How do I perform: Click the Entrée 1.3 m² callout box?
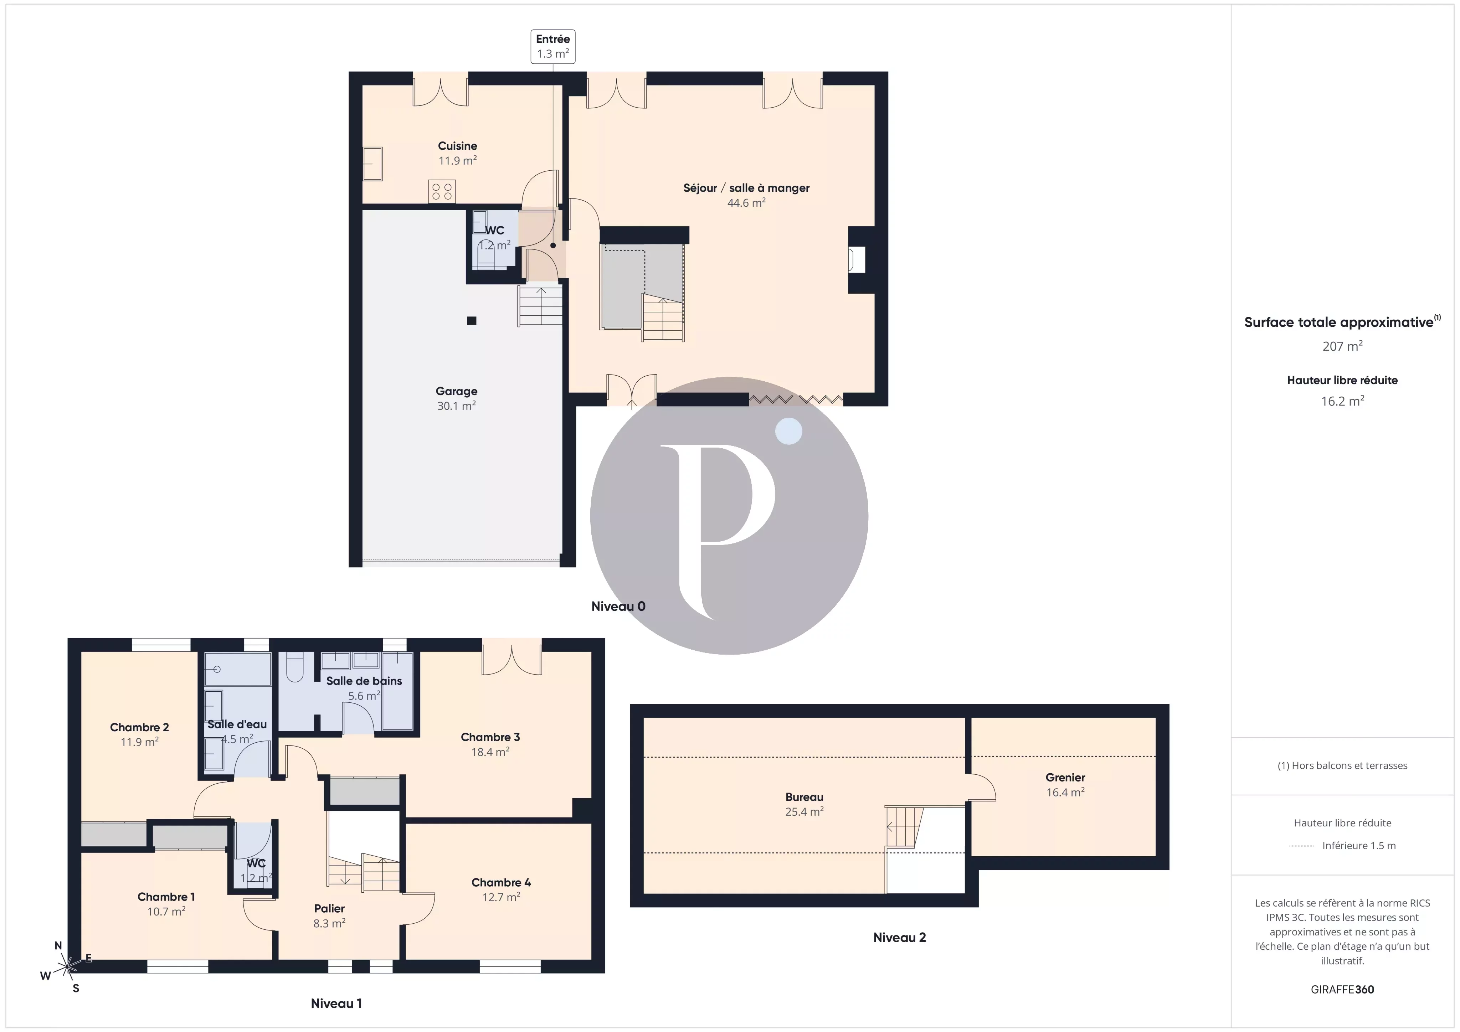pos(552,46)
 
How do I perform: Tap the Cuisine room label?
pos(457,146)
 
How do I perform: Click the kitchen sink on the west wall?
pos(372,164)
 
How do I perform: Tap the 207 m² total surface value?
pos(1342,346)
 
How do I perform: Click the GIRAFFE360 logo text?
pos(1342,989)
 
